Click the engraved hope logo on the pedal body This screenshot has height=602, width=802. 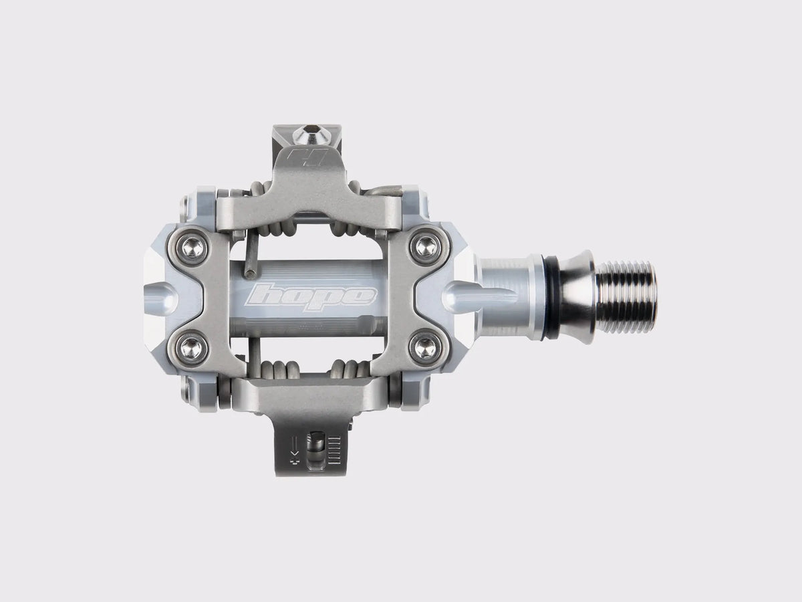[x=311, y=294]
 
